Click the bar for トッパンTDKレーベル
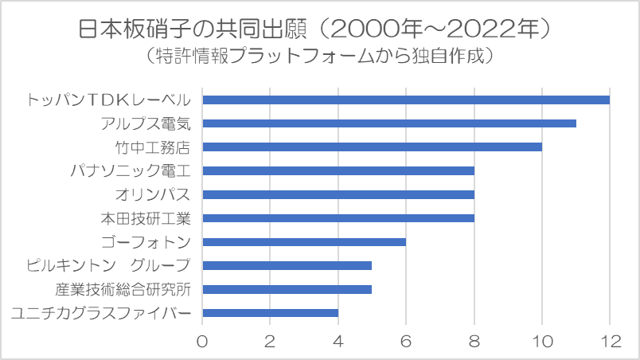point(406,100)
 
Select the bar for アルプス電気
point(389,123)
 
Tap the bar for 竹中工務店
point(372,147)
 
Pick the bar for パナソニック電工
point(338,170)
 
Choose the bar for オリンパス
point(338,194)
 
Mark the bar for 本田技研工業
point(338,217)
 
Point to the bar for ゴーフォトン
point(304,241)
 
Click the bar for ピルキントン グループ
point(287,265)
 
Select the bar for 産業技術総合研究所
point(287,288)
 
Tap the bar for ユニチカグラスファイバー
point(271,312)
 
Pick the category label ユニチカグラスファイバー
point(101,313)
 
